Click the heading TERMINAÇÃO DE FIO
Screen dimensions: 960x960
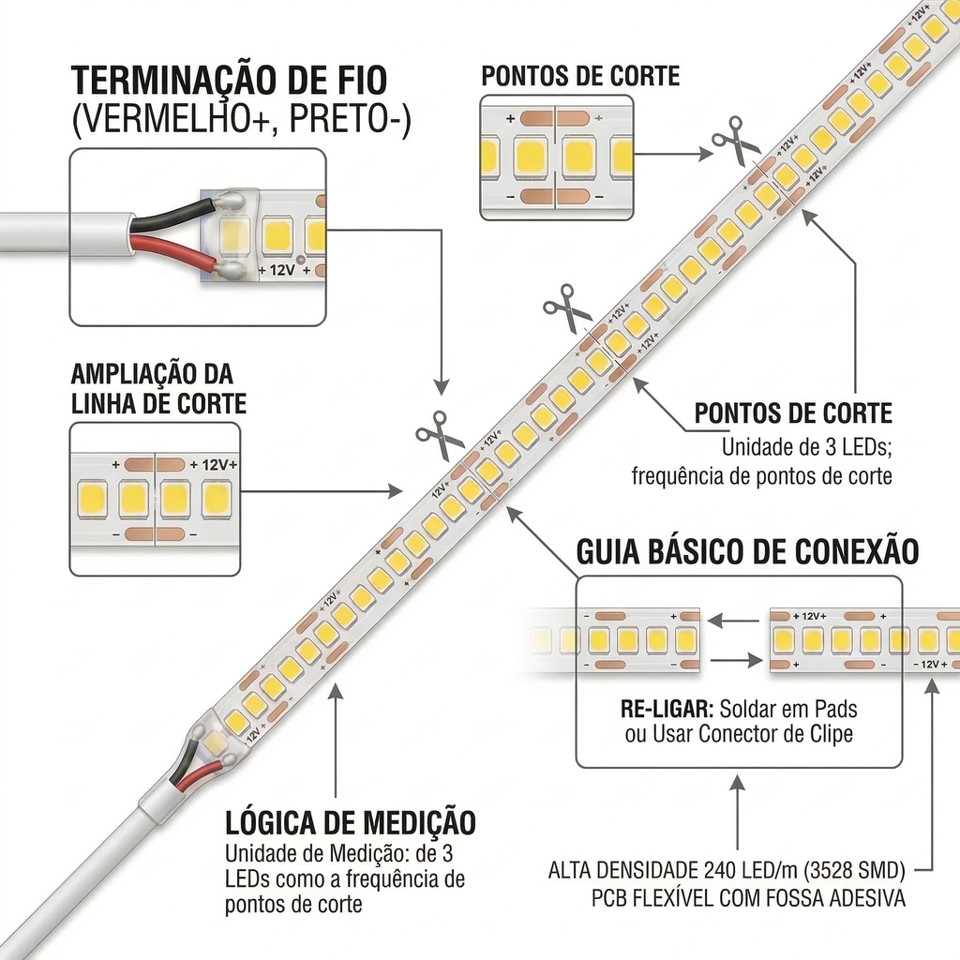(230, 81)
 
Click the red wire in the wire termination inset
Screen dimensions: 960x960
(173, 249)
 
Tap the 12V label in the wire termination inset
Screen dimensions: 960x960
(281, 270)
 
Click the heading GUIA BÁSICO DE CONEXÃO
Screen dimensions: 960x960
(747, 551)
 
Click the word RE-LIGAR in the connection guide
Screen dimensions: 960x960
(667, 710)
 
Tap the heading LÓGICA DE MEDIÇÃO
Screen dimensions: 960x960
(351, 823)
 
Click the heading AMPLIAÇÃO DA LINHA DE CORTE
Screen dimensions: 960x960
(158, 389)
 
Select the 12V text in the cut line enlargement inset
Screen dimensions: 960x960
(215, 465)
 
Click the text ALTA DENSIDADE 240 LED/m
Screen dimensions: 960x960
(674, 870)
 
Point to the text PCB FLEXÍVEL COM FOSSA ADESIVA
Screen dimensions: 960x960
(748, 898)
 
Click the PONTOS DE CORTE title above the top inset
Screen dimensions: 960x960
(580, 76)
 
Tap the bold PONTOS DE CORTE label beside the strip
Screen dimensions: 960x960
(793, 413)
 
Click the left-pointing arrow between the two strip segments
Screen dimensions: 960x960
(734, 622)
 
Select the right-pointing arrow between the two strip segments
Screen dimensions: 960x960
(737, 661)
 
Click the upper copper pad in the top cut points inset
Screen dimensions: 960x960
(555, 118)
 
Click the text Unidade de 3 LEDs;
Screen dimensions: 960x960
(806, 447)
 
